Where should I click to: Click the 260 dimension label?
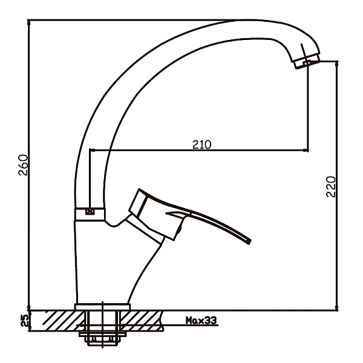click(x=24, y=165)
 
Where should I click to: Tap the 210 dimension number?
click(x=202, y=145)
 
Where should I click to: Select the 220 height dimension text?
click(x=330, y=186)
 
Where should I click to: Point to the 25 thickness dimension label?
click(x=25, y=321)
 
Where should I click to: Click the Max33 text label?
click(x=201, y=321)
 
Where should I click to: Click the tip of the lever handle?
click(x=249, y=241)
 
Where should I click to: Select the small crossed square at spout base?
click(x=90, y=212)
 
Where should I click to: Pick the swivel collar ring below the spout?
click(x=90, y=214)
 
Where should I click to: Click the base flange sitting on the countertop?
click(x=102, y=307)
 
